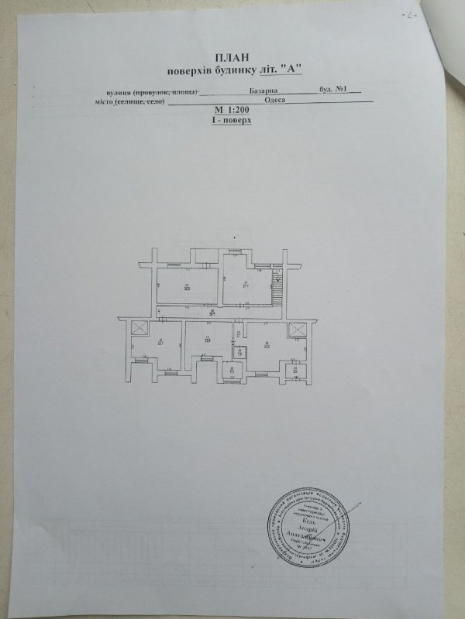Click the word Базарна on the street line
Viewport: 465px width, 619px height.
click(x=276, y=91)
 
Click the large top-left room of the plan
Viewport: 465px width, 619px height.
click(x=186, y=285)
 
